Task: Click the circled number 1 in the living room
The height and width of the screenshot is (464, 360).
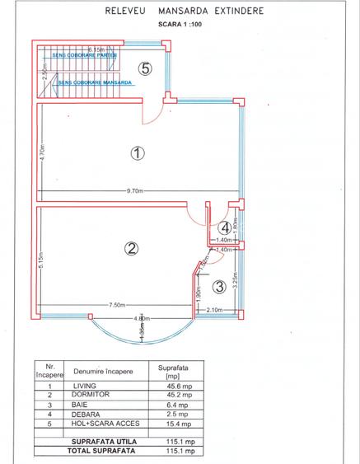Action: tap(138, 152)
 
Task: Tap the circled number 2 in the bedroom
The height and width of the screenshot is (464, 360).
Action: tap(129, 247)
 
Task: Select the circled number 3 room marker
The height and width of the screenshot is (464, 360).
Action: tap(219, 287)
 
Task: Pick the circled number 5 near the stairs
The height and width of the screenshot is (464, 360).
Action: tap(145, 68)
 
